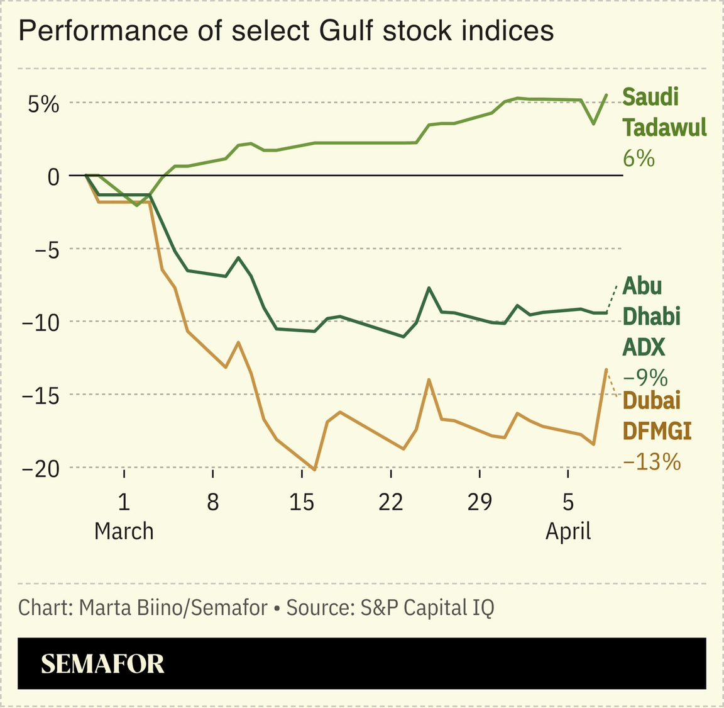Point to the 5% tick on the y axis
click(x=42, y=104)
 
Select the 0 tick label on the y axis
click(x=53, y=176)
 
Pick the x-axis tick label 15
click(x=302, y=502)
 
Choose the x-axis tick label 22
click(x=391, y=502)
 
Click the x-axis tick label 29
click(x=480, y=502)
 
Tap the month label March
click(x=124, y=531)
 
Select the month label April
click(x=568, y=531)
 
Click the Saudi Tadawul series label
click(x=664, y=112)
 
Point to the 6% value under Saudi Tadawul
click(x=639, y=158)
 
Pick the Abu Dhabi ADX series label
click(x=651, y=316)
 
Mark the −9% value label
click(x=645, y=377)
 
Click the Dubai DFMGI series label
click(x=656, y=415)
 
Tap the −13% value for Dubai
click(x=652, y=462)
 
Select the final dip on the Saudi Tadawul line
click(x=593, y=123)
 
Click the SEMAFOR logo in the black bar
click(x=102, y=664)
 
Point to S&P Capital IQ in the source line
click(x=427, y=607)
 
